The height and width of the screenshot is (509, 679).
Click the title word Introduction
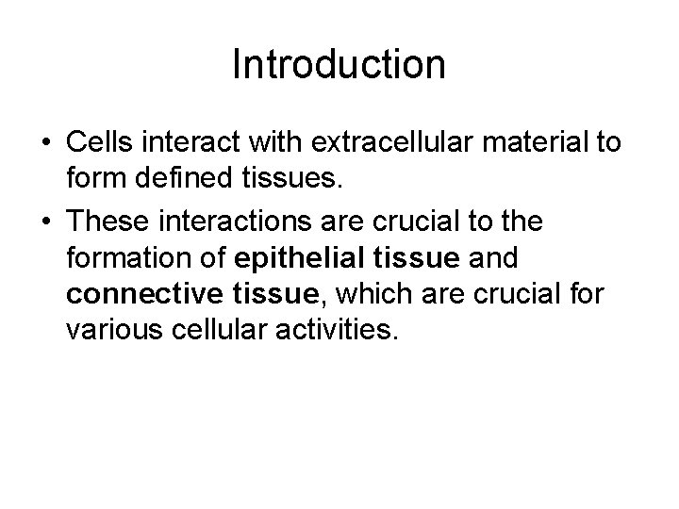(339, 65)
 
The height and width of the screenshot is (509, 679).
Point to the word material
(529, 143)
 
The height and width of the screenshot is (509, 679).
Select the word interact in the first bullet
(206, 143)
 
